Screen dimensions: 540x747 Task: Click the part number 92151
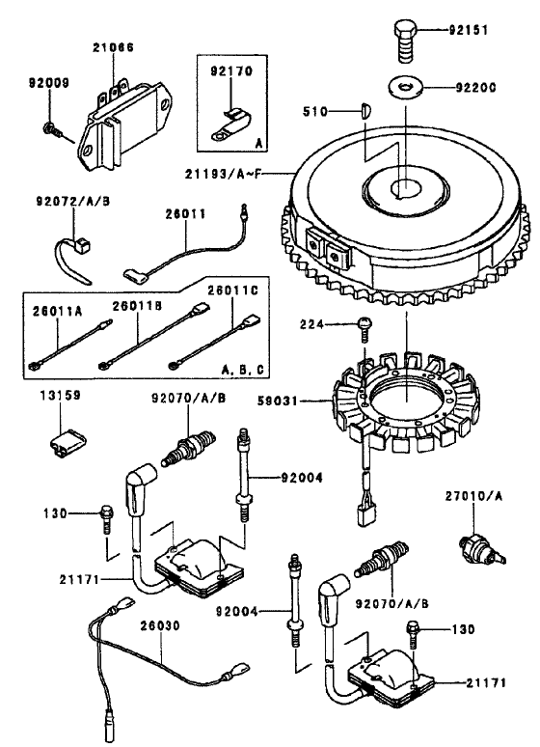click(x=469, y=30)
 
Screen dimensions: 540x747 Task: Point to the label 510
click(x=315, y=112)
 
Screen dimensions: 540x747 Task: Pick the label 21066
click(x=114, y=47)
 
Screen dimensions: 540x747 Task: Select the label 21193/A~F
click(x=224, y=175)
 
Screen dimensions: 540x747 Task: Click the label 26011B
click(x=137, y=306)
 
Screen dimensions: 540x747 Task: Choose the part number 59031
click(x=277, y=401)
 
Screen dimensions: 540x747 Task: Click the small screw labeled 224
click(x=364, y=329)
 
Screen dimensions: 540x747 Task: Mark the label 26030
click(x=160, y=625)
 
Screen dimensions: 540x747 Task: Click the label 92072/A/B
click(x=73, y=201)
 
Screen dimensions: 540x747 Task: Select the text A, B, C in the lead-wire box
click(x=243, y=369)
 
